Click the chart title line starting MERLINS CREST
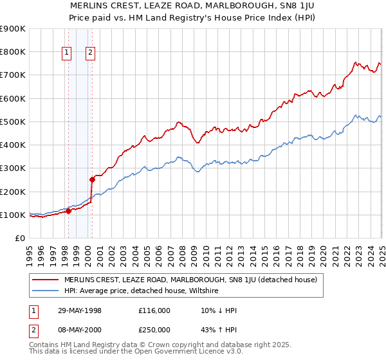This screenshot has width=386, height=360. tap(193, 6)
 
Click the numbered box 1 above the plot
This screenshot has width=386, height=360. tap(68, 53)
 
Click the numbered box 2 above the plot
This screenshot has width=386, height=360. tap(90, 53)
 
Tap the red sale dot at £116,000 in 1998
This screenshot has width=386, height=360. tap(68, 211)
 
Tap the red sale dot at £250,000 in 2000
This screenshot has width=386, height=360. tap(91, 180)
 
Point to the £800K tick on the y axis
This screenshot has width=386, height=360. tap(14, 51)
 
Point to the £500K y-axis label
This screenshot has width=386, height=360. tap(14, 122)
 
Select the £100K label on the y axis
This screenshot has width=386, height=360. tap(14, 215)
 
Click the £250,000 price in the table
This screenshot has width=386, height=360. tap(154, 330)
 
